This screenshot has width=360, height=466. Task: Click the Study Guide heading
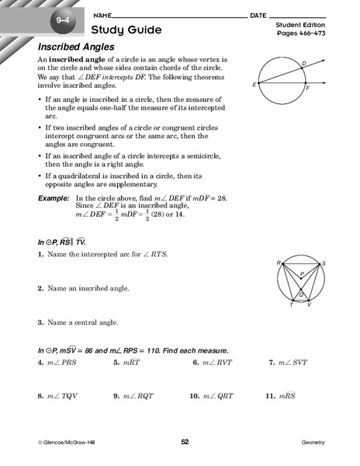point(126,30)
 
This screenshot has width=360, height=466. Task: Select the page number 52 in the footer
point(185,442)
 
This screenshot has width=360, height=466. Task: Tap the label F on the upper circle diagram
point(309,89)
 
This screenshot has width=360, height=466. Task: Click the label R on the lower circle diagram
point(277,263)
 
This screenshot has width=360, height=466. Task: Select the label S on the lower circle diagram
point(324,263)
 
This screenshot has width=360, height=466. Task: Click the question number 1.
point(40,254)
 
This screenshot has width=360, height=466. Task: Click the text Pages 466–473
point(298,36)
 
